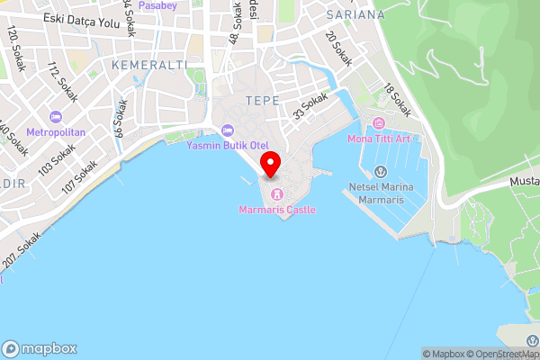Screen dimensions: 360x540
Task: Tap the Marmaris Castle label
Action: (x=277, y=210)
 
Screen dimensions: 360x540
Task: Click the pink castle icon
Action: (x=277, y=193)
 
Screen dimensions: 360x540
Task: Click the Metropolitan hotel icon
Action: (x=56, y=117)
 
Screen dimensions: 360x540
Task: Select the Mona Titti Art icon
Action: (x=379, y=122)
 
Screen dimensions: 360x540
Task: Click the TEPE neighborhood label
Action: (x=262, y=99)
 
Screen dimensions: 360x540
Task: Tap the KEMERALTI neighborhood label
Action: (x=149, y=66)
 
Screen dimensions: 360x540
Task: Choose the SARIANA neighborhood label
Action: (x=355, y=15)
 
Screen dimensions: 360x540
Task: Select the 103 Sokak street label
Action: (x=57, y=159)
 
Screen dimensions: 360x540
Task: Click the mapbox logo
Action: (x=40, y=349)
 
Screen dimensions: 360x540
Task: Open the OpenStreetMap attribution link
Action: (x=501, y=354)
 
